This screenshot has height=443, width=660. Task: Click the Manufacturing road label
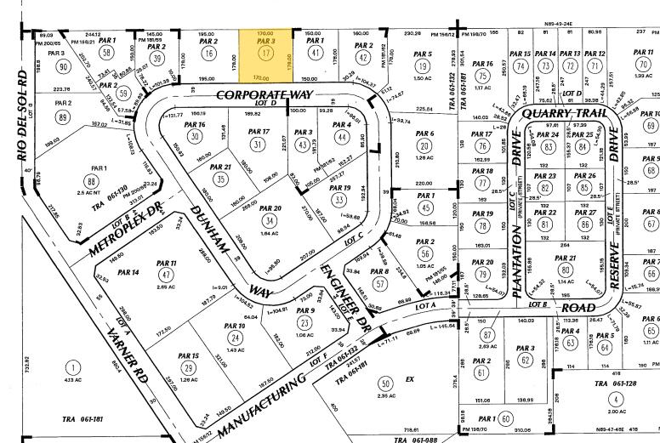(259, 401)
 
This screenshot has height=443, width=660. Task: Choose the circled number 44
(342, 136)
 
